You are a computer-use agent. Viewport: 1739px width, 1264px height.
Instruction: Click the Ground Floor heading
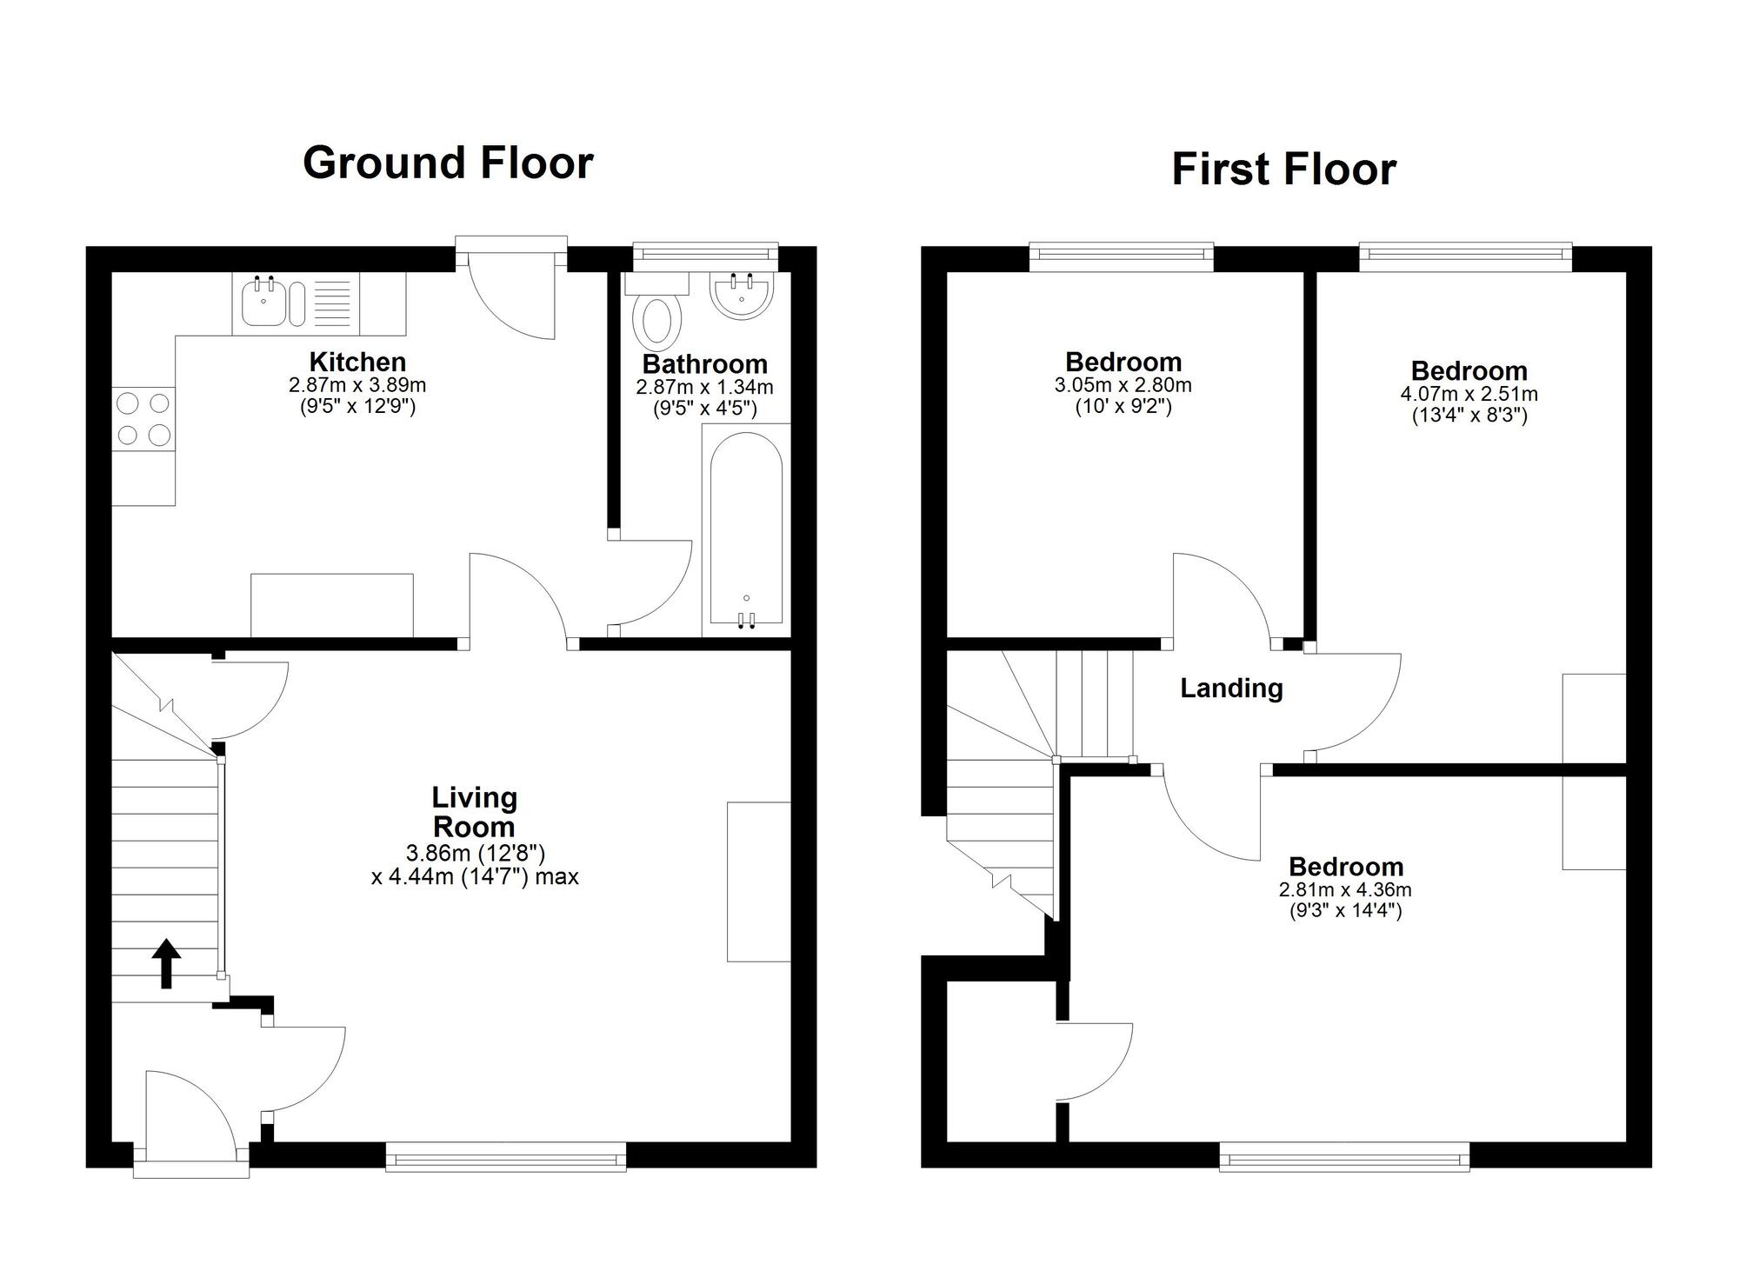[448, 163]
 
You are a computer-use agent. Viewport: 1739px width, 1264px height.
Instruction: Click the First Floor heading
[1283, 170]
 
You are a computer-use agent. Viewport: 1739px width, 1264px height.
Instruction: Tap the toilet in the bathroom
[658, 317]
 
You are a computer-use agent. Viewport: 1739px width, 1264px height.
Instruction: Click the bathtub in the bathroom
[746, 530]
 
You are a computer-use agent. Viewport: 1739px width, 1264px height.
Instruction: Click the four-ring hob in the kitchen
[143, 419]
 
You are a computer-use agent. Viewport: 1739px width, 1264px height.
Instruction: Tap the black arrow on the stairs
[166, 962]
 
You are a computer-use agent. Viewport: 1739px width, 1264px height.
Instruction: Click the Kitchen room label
[357, 362]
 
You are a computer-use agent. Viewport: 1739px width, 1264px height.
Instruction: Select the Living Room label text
[474, 811]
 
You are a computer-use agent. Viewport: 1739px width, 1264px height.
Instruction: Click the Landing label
[1231, 689]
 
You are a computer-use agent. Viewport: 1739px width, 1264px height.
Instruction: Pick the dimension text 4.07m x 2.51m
[1469, 394]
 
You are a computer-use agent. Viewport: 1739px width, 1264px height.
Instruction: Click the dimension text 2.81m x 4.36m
[1345, 890]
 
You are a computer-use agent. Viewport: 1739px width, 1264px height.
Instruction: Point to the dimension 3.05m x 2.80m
[1123, 385]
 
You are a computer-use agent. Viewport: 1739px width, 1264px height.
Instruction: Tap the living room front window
[505, 1159]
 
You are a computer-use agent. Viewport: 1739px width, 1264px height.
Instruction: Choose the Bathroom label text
[704, 364]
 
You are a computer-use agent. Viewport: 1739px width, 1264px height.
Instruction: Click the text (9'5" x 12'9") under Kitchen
[357, 406]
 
